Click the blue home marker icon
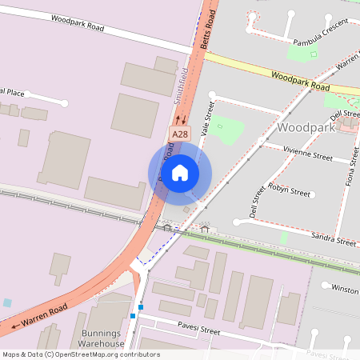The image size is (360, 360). coord(180,171)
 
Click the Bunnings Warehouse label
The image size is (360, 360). coord(105,338)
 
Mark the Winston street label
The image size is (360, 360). coord(344,289)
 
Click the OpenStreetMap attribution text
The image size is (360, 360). coord(80,354)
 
